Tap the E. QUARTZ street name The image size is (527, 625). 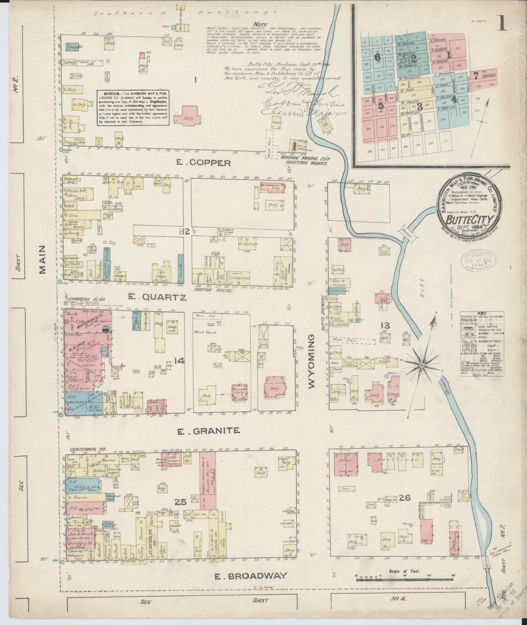pos(157,297)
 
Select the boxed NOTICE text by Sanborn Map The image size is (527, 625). pos(133,107)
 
